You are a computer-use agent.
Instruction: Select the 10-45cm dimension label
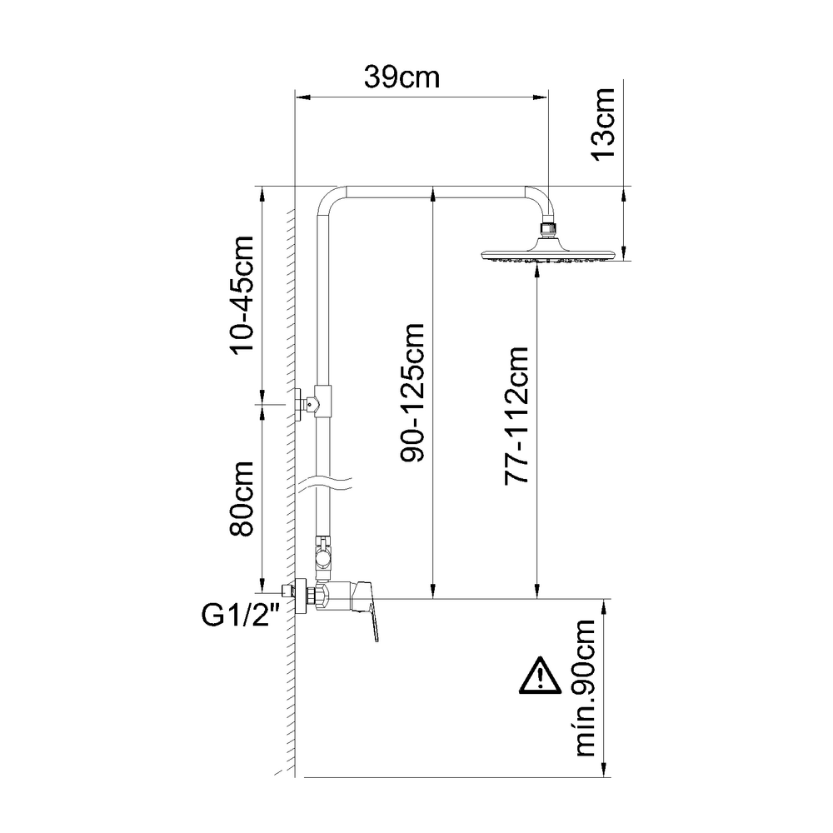click(x=242, y=295)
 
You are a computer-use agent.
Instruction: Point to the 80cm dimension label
click(x=242, y=499)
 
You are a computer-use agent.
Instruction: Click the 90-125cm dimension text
click(x=414, y=393)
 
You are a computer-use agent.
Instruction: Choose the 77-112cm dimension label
click(x=519, y=415)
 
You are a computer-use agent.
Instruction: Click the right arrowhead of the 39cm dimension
click(x=542, y=97)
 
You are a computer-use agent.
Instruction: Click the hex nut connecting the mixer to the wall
click(x=315, y=596)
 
